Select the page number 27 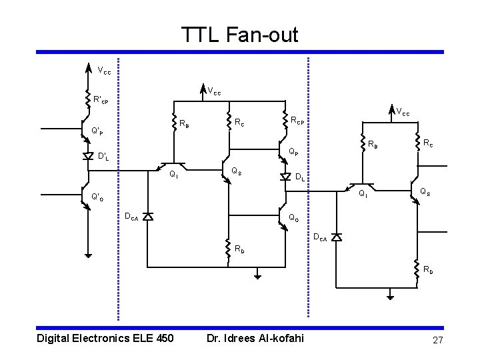tap(437, 341)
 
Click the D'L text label tap(103, 157)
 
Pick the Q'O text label tap(97, 197)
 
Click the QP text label tap(293, 151)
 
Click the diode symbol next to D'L tap(88, 156)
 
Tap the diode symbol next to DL tap(285, 176)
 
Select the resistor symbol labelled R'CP tap(88, 99)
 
